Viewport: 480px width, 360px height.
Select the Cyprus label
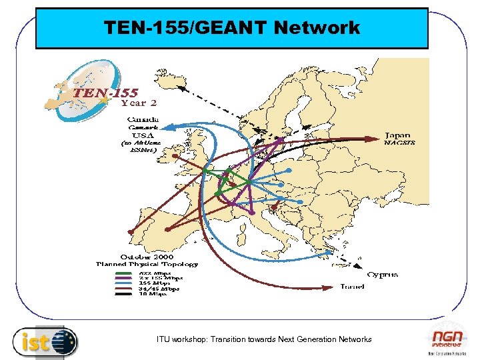[x=383, y=274]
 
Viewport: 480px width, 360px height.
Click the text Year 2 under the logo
[x=139, y=103]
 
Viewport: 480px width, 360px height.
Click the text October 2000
[x=147, y=257]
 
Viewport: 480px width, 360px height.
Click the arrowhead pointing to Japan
[x=378, y=139]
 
